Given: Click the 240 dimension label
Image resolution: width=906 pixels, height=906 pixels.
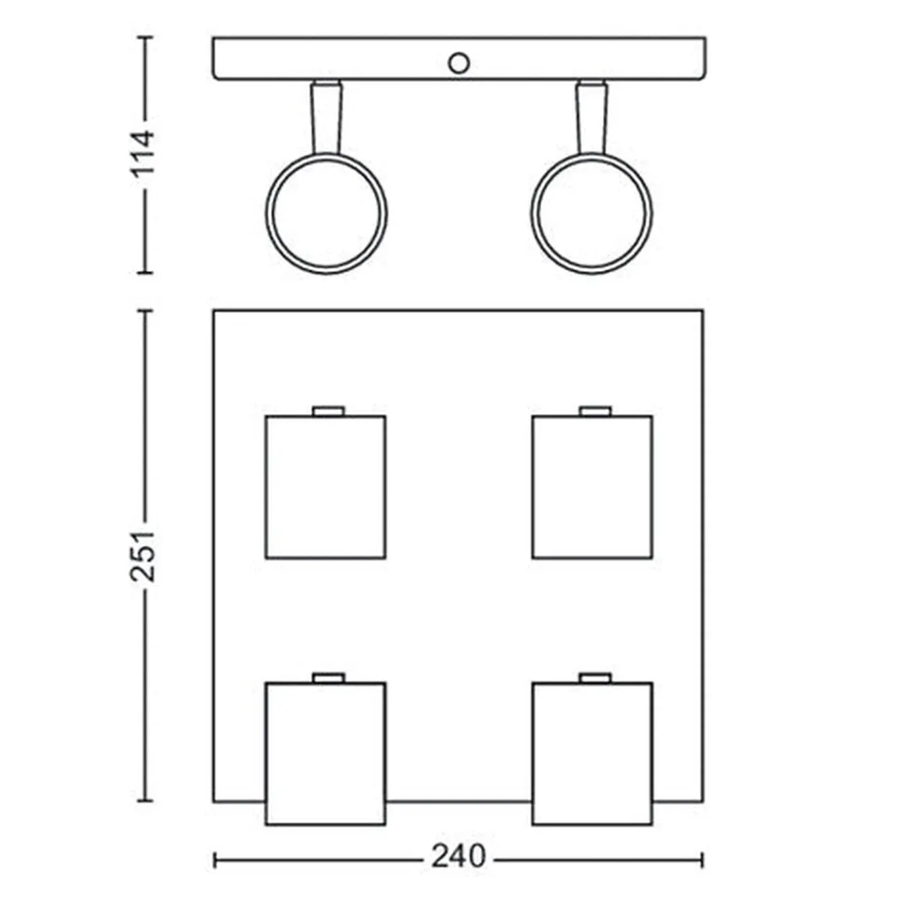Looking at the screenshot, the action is point(458,856).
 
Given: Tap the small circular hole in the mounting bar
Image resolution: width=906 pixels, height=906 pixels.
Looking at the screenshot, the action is point(458,63).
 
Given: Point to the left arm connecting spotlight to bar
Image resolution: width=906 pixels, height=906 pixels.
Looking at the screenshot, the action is point(326,118).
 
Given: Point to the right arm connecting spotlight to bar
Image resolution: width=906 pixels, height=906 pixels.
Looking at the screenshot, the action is point(592,118).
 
